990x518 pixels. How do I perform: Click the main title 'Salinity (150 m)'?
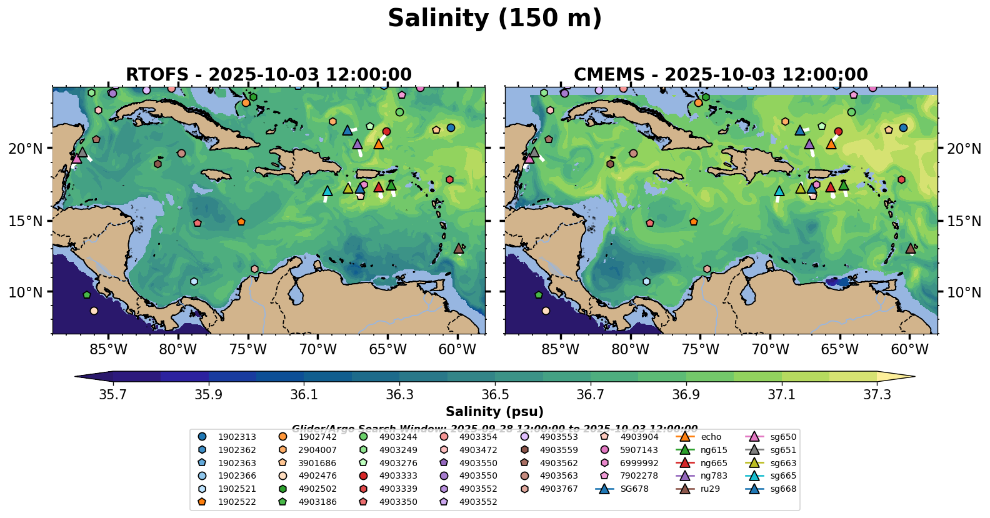(494, 19)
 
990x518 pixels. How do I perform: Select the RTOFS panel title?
(269, 74)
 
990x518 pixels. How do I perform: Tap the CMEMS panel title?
(721, 74)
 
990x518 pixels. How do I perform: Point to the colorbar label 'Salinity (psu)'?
(494, 412)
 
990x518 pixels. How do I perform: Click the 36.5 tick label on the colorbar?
(495, 395)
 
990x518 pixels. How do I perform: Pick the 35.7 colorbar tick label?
(113, 395)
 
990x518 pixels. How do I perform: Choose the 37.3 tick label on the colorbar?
(877, 395)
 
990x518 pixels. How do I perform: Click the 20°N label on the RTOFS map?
(26, 149)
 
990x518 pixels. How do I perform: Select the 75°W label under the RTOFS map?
(248, 349)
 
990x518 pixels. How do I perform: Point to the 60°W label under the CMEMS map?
(909, 349)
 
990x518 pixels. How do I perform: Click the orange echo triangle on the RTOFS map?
(378, 144)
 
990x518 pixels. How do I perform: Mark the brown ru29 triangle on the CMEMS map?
(911, 248)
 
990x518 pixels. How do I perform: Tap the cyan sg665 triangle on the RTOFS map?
(327, 191)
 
